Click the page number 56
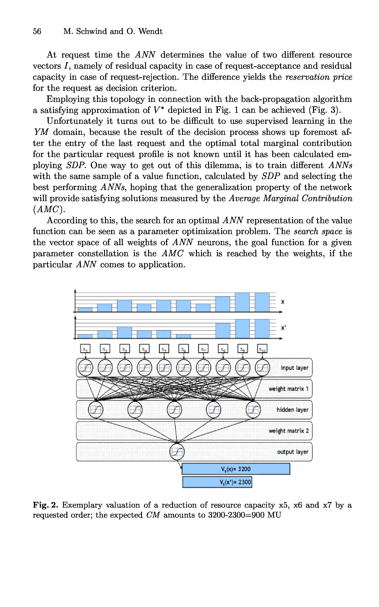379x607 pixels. click(37, 31)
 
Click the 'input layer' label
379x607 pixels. click(294, 368)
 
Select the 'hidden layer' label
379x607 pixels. click(292, 410)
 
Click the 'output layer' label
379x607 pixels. click(293, 452)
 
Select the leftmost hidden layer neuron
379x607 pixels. click(95, 410)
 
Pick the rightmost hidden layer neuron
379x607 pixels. click(253, 410)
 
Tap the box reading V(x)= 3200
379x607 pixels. click(236, 469)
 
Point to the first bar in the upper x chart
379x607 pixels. click(85, 310)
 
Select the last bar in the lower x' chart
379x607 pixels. click(262, 329)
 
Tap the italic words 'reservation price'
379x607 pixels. click(319, 77)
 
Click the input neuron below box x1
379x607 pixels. click(86, 368)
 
